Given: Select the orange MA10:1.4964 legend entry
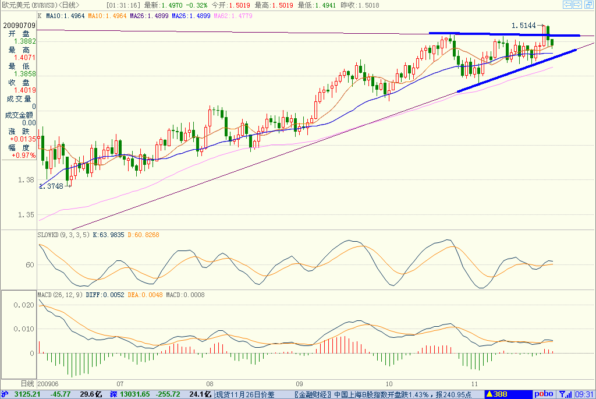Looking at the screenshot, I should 108,16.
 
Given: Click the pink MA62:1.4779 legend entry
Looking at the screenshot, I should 233,16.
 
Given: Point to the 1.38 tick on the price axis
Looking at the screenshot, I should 26,180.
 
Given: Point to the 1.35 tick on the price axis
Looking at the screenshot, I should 26,215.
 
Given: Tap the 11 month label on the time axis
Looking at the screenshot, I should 476,384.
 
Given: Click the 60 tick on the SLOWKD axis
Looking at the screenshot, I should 29,264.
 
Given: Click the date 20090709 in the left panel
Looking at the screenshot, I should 19,26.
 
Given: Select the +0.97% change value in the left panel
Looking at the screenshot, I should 24,156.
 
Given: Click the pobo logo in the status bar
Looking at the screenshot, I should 544,394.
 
